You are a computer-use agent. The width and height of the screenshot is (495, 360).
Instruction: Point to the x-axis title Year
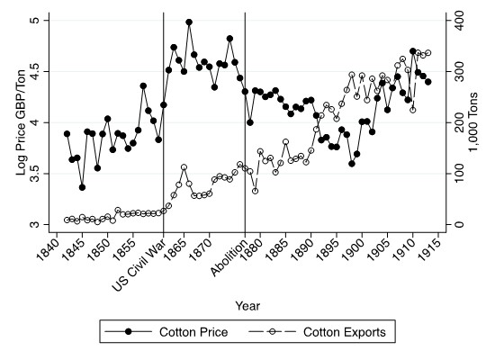[x=247, y=306]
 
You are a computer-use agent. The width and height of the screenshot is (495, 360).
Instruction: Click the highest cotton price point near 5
[x=189, y=22]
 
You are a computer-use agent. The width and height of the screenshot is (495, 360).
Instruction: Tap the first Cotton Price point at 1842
[x=67, y=134]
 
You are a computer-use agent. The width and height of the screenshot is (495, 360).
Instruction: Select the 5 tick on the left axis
[x=38, y=21]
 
